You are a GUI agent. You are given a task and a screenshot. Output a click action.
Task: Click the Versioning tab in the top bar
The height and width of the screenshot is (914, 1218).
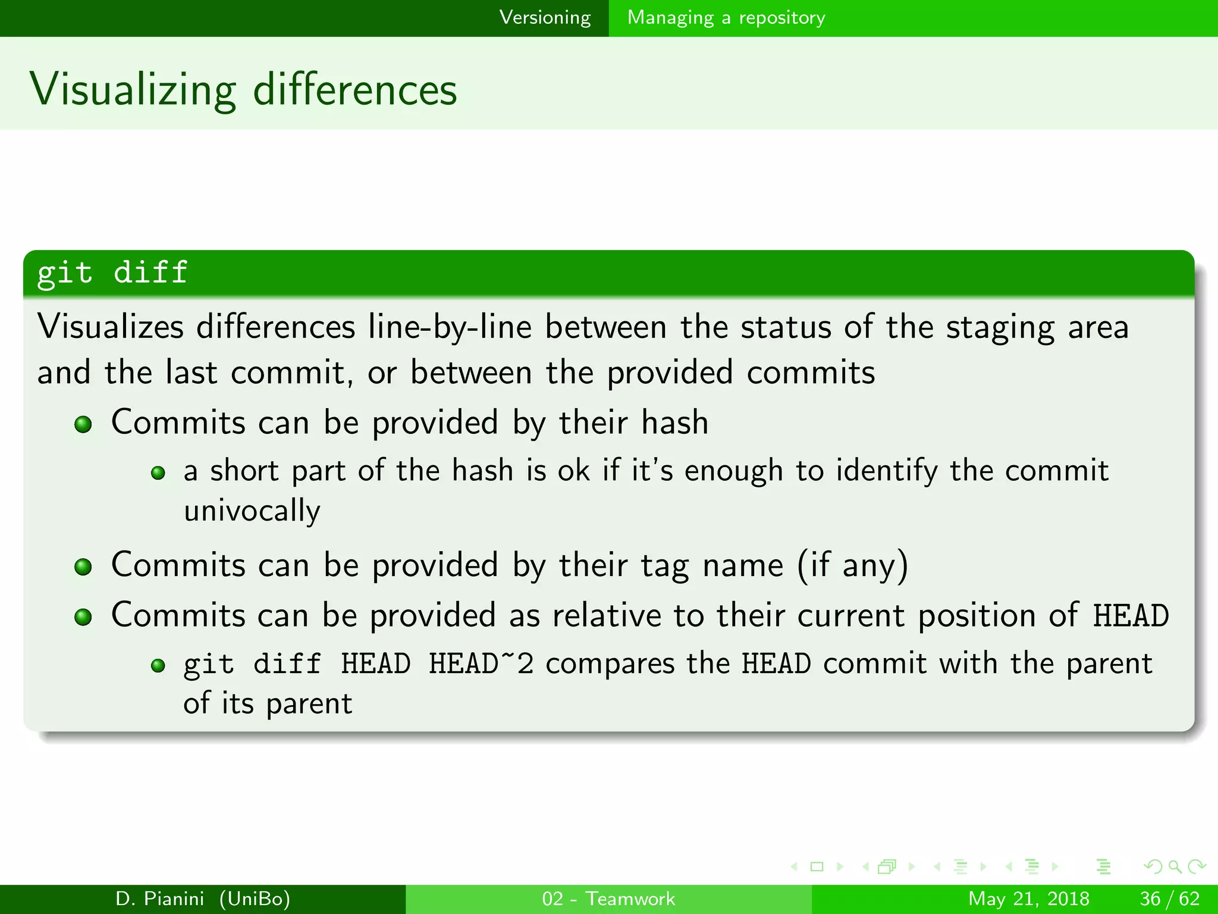545,18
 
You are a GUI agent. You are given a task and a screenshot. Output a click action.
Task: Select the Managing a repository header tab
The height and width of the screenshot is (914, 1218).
726,18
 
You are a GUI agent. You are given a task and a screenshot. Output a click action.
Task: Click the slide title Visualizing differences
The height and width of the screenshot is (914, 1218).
243,90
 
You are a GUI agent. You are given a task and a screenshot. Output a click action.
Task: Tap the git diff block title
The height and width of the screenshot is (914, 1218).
112,273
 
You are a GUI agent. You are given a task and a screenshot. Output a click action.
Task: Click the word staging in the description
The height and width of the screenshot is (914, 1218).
1000,328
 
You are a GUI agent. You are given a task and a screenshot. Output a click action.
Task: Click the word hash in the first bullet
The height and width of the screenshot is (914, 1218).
674,422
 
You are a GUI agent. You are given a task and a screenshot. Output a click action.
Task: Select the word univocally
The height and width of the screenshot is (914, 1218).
252,511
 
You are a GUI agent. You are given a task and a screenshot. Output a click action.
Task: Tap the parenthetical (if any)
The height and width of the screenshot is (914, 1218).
852,565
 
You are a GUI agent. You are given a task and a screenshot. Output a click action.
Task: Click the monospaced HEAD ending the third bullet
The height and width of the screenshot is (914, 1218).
1131,616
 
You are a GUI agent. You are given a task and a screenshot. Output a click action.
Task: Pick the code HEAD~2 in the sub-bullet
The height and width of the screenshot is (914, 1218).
481,664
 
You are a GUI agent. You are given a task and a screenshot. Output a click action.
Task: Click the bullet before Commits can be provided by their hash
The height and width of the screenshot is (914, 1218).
83,425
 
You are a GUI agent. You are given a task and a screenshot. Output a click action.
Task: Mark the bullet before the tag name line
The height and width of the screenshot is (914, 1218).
83,567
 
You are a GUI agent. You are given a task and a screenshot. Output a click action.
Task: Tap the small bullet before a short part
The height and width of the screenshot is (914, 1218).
158,474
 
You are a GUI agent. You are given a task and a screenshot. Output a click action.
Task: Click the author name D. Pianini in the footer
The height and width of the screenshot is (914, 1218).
159,899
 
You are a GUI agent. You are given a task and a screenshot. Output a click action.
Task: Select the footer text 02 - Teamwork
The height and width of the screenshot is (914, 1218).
608,899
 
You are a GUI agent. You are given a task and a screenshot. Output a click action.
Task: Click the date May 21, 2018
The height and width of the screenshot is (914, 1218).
1028,899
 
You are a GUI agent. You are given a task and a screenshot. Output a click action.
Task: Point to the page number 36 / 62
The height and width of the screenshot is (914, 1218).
1169,899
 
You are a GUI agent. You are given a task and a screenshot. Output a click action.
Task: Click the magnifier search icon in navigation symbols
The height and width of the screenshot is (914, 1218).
1174,867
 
